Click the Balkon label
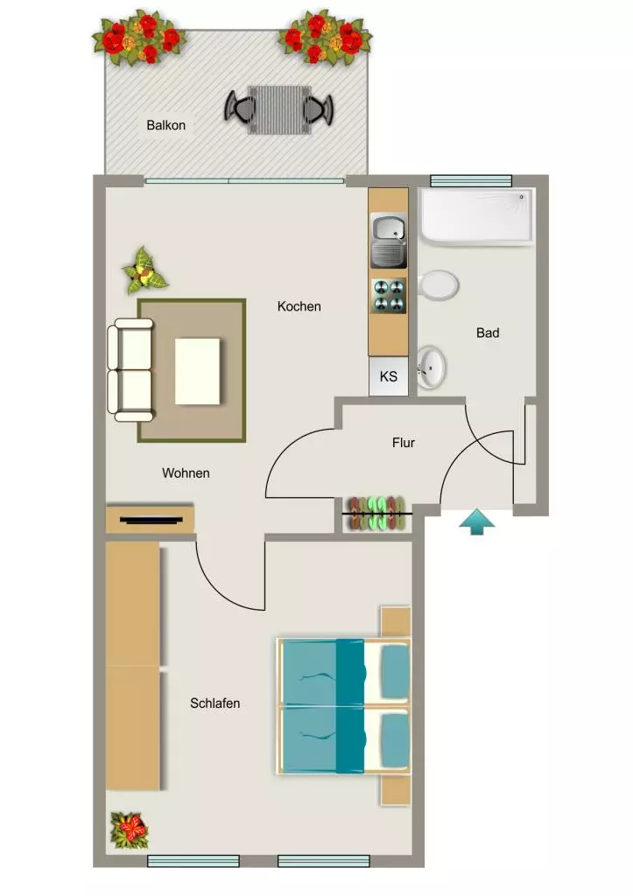pos(165,125)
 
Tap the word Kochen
pos(299,306)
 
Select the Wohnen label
pos(186,473)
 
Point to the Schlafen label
pos(215,703)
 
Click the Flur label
pos(404,442)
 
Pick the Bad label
pos(488,332)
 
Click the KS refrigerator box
pos(389,376)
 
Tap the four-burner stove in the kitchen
pos(389,296)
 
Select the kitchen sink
pos(389,241)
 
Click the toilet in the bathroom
pos(438,284)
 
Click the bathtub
pos(476,217)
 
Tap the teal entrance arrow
pos(477,522)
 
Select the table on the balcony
pos(279,109)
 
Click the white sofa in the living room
pos(130,370)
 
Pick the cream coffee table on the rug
pos(197,371)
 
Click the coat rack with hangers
pos(376,514)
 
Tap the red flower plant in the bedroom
pos(130,830)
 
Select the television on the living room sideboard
pos(152,520)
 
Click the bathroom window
pos(471,181)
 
